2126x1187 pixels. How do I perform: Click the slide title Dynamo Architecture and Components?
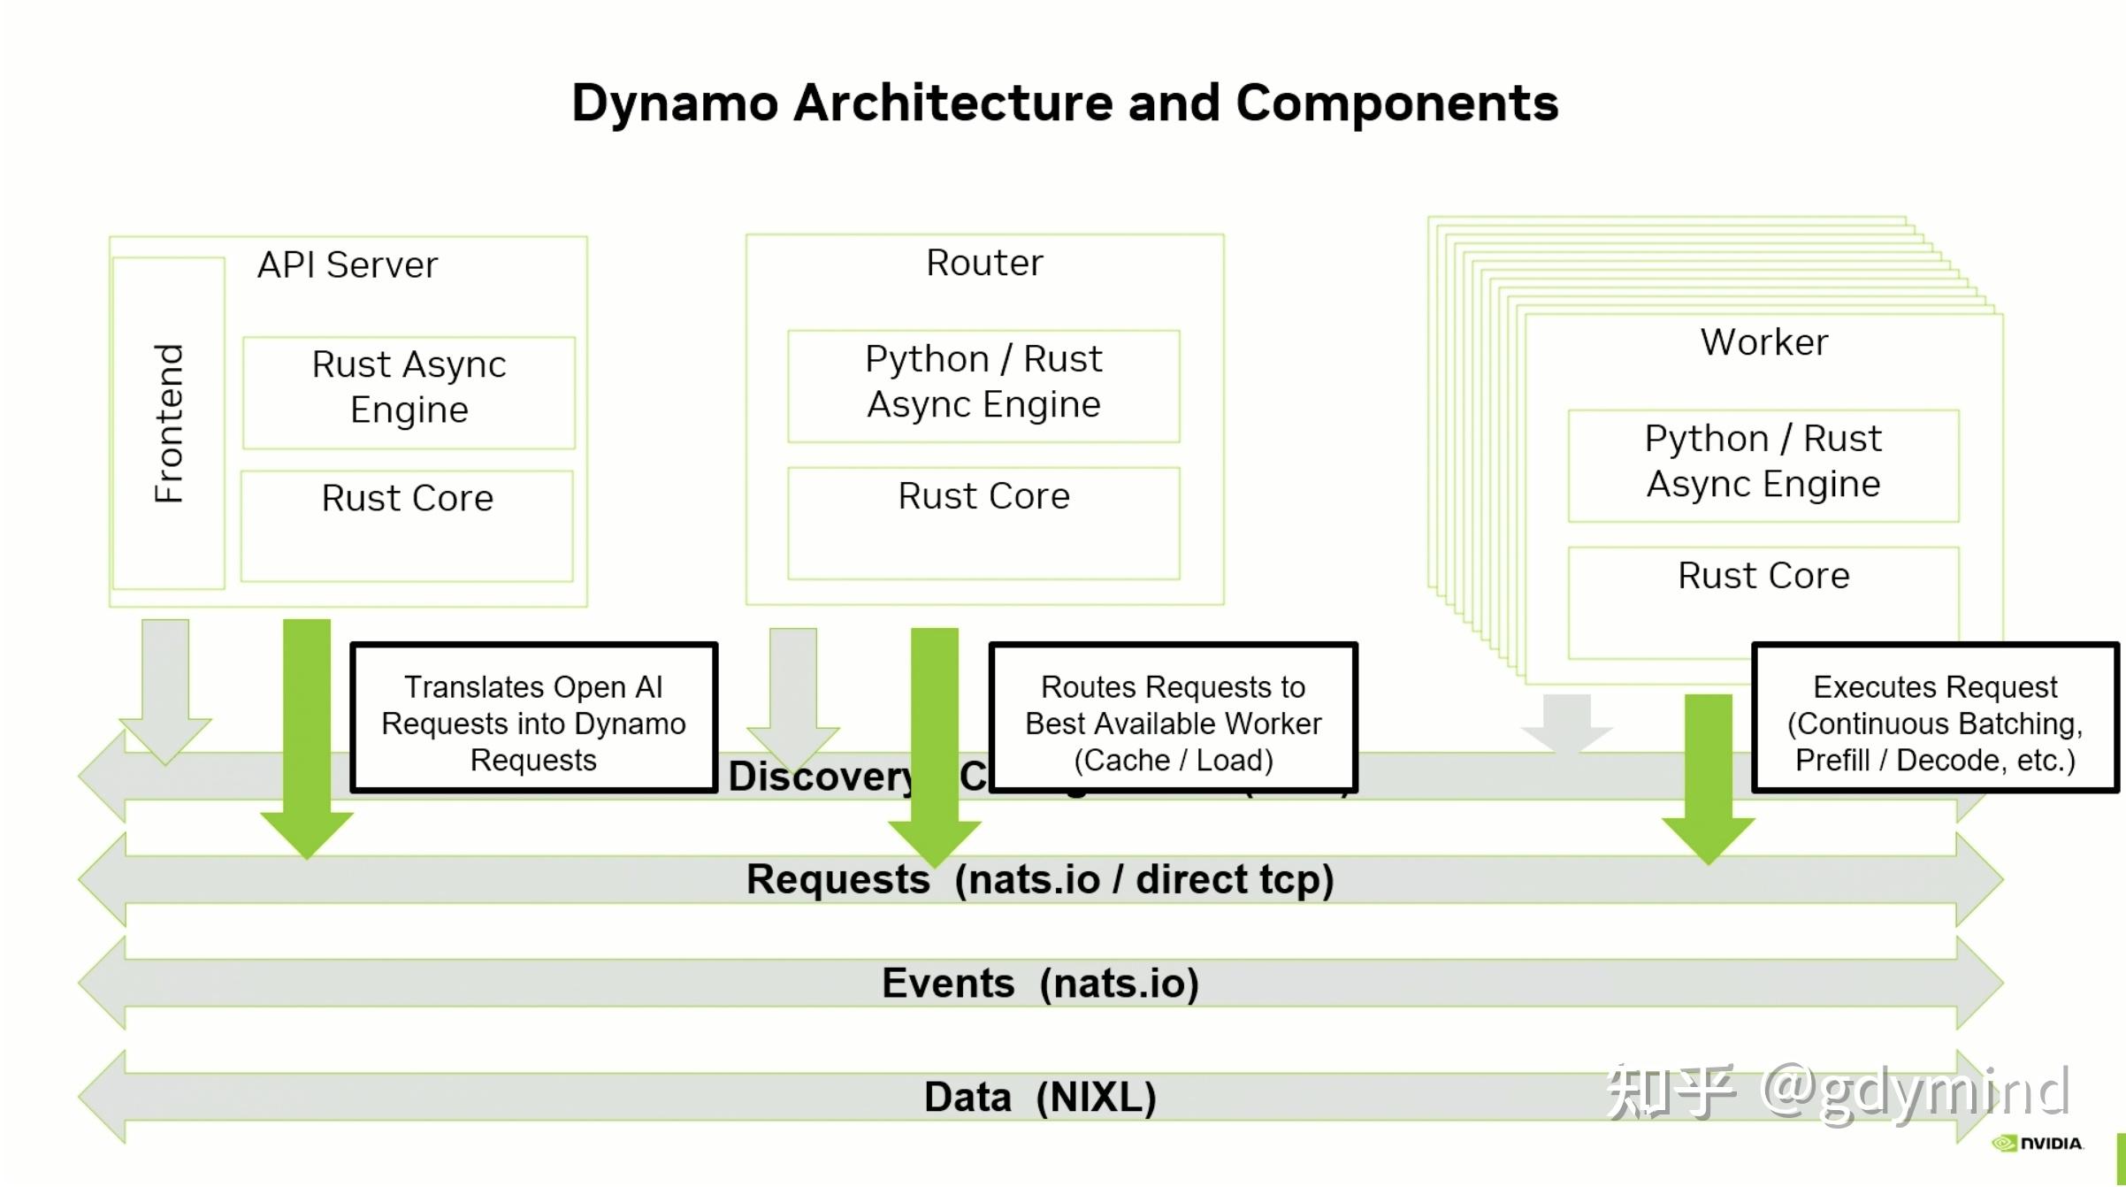coord(1064,103)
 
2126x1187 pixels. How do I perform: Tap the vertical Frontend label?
coord(169,424)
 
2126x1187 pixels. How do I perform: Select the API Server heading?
coord(348,265)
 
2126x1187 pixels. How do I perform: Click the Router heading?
coord(984,263)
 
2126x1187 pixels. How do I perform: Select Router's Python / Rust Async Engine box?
coord(983,386)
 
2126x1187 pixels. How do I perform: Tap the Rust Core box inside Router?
coord(983,522)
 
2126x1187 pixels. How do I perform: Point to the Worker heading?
coord(1763,342)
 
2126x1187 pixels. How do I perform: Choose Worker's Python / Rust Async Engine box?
coord(1763,464)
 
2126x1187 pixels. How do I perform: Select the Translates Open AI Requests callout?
coord(533,717)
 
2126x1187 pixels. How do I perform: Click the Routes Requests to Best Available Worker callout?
coord(1173,717)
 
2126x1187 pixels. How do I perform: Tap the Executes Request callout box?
coord(1935,717)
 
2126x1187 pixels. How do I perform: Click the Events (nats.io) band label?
coord(1040,984)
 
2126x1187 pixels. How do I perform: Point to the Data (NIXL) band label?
coord(1040,1098)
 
